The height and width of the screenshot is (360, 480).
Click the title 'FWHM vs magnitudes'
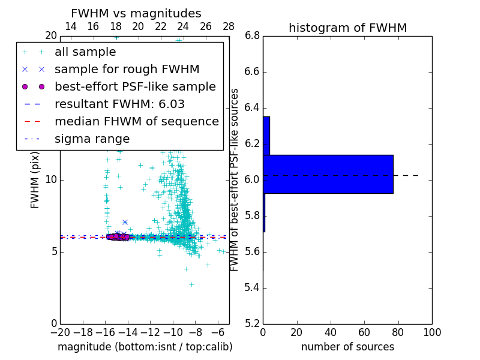tap(136, 13)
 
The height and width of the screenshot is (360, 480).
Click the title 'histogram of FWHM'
tap(347, 28)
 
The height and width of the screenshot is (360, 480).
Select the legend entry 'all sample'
tap(85, 52)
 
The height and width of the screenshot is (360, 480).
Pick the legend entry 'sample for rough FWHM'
tap(127, 70)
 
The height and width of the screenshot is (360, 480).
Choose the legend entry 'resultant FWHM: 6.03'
tap(119, 104)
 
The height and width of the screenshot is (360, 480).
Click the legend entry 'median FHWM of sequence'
tap(136, 122)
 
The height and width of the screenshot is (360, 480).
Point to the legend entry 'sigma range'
tap(92, 139)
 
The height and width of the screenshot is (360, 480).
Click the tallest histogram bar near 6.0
tap(328, 174)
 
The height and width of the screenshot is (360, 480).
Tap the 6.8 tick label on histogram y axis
tap(252, 36)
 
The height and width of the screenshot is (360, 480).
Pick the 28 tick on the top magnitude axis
tap(229, 26)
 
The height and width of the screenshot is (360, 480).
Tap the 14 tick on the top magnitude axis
tap(70, 26)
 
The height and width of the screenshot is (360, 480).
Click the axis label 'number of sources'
tap(347, 347)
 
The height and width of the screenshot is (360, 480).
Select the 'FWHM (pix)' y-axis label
tap(35, 180)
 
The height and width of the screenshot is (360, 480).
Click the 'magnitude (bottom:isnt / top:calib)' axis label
tap(145, 347)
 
